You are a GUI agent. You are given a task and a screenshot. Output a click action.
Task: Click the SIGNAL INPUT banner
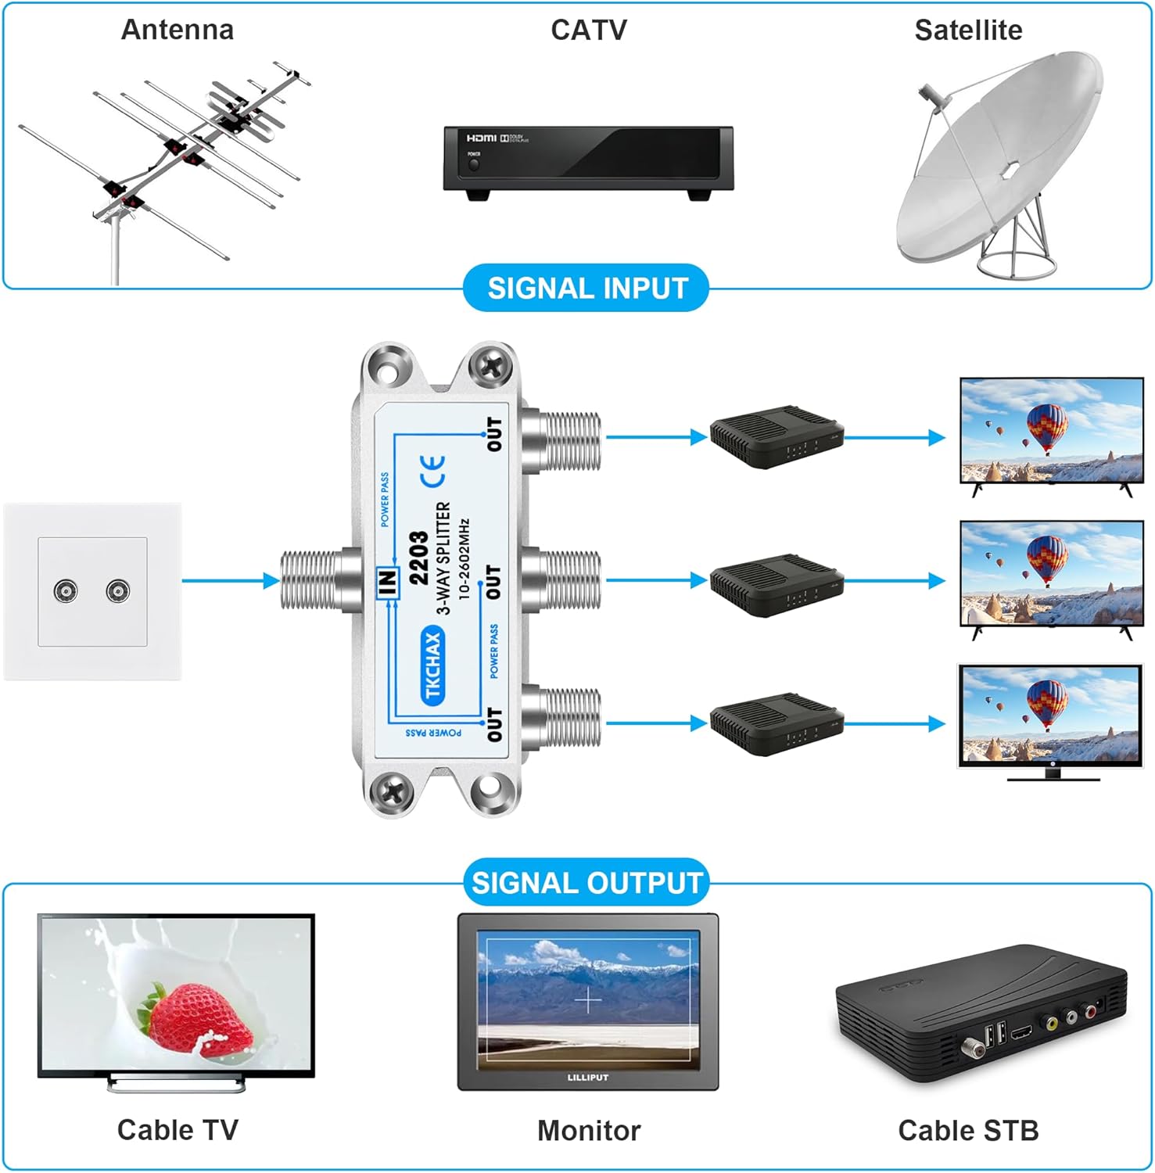tap(586, 289)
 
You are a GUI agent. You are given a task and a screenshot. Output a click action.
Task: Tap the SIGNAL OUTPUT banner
tap(586, 883)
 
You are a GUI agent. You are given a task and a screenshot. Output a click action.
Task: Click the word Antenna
tap(178, 30)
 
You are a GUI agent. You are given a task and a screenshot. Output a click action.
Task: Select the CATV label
tap(588, 30)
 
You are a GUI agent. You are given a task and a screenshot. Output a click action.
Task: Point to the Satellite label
tap(968, 30)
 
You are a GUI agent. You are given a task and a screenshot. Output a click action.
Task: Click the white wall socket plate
tap(92, 591)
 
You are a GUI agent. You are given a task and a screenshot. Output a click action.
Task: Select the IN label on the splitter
tap(388, 582)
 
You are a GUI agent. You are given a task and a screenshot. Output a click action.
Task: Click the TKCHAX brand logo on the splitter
tap(432, 665)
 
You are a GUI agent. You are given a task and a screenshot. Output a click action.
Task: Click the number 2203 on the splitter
tap(418, 558)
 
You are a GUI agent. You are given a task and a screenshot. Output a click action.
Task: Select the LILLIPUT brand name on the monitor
tap(587, 1078)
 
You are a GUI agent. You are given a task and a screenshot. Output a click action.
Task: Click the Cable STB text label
tap(968, 1130)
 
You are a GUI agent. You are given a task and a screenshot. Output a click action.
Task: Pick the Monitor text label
tap(588, 1130)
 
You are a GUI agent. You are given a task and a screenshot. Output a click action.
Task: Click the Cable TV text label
tap(178, 1130)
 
